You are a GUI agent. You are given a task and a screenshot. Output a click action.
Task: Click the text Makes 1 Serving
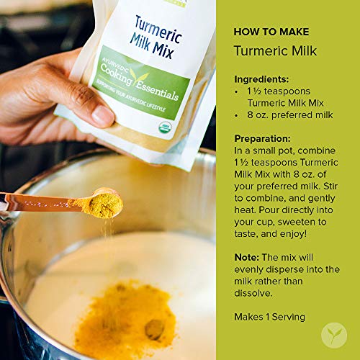pyautogui.click(x=269, y=316)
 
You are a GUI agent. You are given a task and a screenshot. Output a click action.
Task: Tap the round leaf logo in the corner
pyautogui.click(x=335, y=335)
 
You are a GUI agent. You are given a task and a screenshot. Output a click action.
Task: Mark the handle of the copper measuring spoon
pyautogui.click(x=43, y=204)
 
